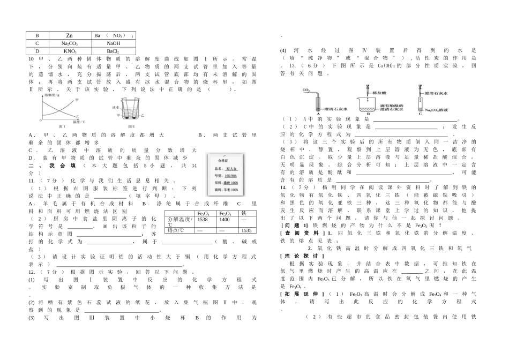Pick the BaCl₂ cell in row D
pos(113,51)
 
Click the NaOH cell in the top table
pos(113,43)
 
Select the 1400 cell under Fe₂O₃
pos(224,220)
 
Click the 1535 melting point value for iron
pos(246,230)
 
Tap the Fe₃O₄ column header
pos(204,213)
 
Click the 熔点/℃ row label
pos(176,230)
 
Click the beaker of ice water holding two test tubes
pos(128,114)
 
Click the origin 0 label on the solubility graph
pos(41,122)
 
